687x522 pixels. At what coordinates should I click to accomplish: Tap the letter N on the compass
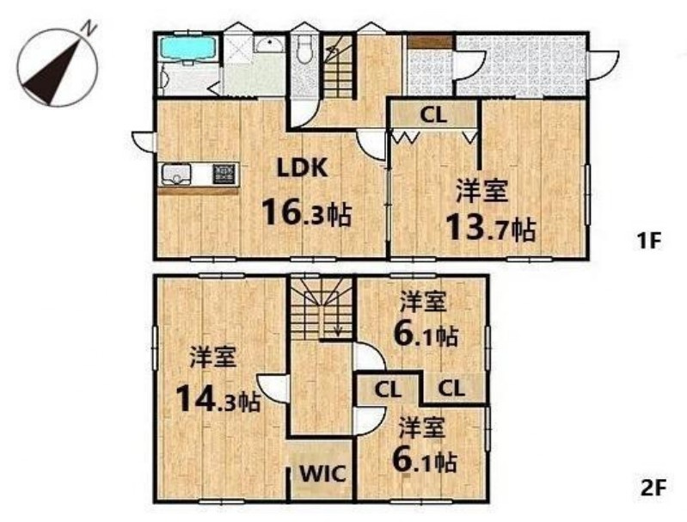(88, 28)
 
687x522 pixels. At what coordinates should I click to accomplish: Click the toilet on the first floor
(303, 52)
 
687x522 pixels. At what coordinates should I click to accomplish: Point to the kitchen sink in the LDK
(177, 175)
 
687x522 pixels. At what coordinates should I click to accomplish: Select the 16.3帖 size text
(306, 212)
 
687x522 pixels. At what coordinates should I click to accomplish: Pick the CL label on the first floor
(432, 115)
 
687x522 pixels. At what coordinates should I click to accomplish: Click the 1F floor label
(647, 242)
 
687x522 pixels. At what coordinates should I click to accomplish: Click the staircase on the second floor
(320, 307)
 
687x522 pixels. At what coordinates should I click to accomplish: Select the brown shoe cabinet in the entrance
(429, 41)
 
